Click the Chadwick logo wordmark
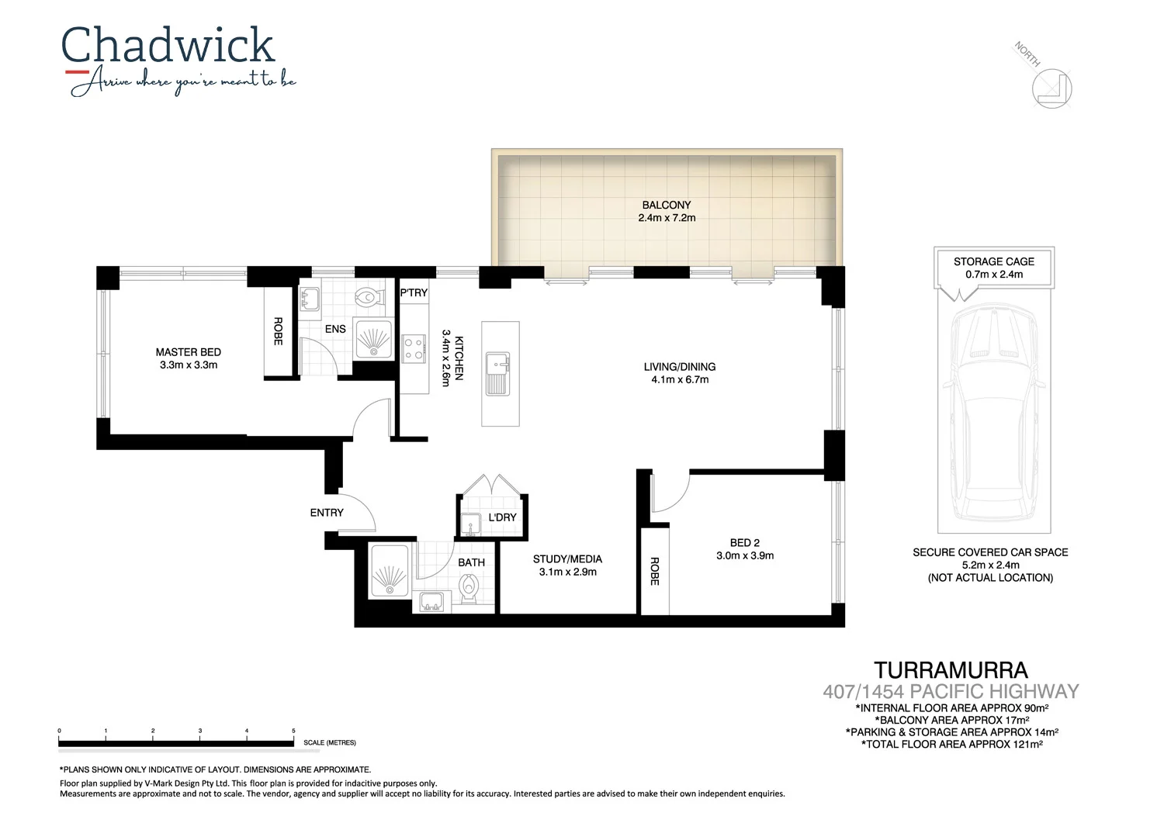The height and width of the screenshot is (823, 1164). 168,47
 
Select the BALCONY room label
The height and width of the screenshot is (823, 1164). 666,205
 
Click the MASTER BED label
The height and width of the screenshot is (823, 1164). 188,352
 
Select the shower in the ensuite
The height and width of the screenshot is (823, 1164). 373,339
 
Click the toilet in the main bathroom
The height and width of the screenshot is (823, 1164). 469,593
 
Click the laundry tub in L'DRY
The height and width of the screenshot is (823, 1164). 470,524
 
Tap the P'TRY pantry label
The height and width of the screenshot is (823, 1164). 414,292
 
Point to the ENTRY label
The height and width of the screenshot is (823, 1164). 327,513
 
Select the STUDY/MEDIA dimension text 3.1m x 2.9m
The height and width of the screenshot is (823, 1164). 568,572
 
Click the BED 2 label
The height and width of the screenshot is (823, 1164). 744,543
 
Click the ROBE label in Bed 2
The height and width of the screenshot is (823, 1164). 654,571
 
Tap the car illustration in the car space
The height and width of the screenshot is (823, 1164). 994,411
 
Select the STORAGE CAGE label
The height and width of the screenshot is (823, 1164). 994,261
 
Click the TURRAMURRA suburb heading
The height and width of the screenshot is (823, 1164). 951,670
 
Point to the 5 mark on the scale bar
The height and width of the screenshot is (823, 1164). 293,731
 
